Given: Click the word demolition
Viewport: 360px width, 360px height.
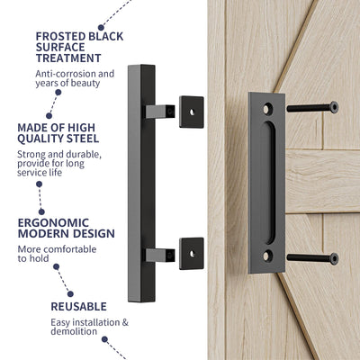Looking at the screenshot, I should coord(64,332).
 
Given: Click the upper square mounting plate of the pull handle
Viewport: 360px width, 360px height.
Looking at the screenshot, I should coord(191,112).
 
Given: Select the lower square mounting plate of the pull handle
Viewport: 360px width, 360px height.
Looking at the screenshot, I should coord(191,253).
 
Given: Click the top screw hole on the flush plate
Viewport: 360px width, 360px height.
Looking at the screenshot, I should coord(266,109).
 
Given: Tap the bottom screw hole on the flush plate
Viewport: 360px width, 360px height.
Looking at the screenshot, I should coord(266,255).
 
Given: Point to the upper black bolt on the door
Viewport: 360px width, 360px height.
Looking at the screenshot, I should coord(311,108).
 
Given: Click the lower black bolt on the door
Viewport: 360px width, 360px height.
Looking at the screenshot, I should coord(311,258).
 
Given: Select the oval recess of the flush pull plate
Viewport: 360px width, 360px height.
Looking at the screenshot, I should coord(266,182).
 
